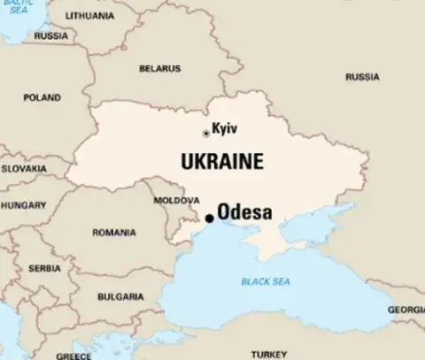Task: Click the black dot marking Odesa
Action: (209, 218)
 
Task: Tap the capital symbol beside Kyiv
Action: (206, 133)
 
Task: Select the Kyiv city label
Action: (226, 130)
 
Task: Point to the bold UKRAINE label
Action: (221, 162)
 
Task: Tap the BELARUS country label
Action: (159, 68)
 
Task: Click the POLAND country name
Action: (42, 97)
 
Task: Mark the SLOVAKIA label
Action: (24, 167)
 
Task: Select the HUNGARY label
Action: (23, 204)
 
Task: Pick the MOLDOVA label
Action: (171, 201)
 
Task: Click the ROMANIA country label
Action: (115, 233)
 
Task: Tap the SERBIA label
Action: (44, 268)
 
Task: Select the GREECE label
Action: (73, 356)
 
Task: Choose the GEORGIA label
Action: (406, 310)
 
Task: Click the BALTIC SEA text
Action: (14, 6)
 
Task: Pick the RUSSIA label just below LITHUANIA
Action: (51, 36)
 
